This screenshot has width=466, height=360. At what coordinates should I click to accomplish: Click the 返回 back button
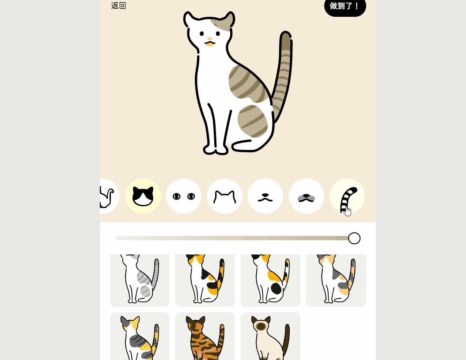click(118, 6)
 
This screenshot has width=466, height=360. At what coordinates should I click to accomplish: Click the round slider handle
click(354, 239)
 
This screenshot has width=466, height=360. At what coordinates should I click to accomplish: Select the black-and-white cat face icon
click(143, 196)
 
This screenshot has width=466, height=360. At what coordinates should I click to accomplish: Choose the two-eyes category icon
click(184, 196)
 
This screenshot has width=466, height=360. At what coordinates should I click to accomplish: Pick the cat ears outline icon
click(225, 196)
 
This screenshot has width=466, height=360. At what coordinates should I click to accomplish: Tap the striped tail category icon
click(347, 196)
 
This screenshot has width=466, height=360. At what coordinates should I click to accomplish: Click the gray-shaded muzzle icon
click(307, 196)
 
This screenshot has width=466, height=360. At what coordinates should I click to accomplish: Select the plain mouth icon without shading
click(265, 196)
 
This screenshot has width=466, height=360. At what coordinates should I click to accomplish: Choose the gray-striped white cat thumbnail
click(140, 280)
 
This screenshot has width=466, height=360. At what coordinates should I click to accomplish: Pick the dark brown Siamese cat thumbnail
click(270, 336)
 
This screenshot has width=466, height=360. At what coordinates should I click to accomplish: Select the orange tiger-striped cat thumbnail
click(205, 336)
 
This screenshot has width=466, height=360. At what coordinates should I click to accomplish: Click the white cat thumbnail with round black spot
click(270, 280)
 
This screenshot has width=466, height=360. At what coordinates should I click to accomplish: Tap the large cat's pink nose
click(210, 38)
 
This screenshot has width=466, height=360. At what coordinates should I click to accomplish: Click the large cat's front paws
click(216, 150)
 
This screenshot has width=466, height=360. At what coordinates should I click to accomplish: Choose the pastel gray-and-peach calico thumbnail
click(336, 280)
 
